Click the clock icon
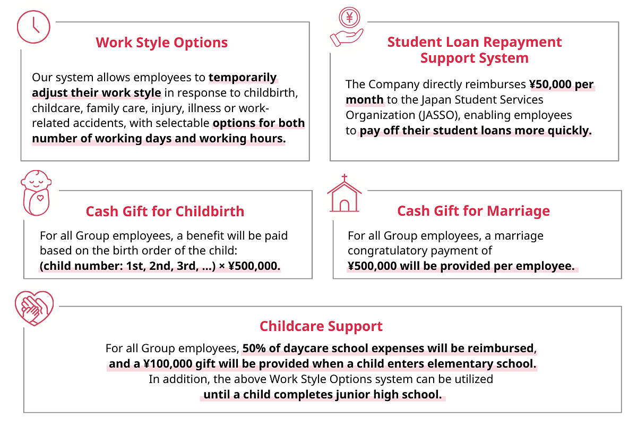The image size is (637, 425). pyautogui.click(x=33, y=27)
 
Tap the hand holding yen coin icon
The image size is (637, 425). pyautogui.click(x=347, y=29)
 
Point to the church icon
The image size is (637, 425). pyautogui.click(x=345, y=194)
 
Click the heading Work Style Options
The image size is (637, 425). pyautogui.click(x=162, y=42)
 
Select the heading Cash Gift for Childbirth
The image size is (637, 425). pyautogui.click(x=165, y=211)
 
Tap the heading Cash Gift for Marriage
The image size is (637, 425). pyautogui.click(x=474, y=211)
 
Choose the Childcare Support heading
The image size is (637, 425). pyautogui.click(x=321, y=326)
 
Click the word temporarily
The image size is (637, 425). pyautogui.click(x=243, y=78)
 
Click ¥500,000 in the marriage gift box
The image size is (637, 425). pyautogui.click(x=372, y=266)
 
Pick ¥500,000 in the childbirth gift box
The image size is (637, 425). pyautogui.click(x=254, y=266)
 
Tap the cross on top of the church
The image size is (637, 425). pyautogui.click(x=344, y=178)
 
